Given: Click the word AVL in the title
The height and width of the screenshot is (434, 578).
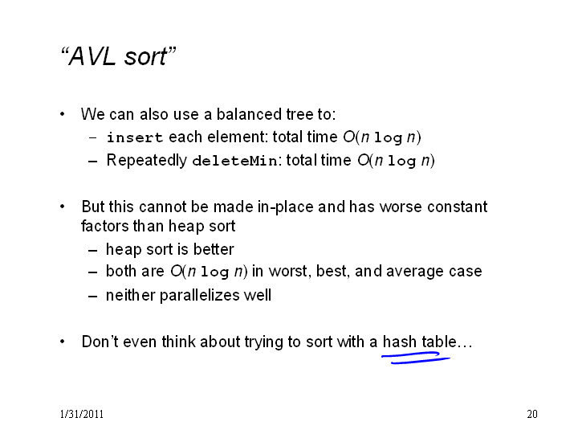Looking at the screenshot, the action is (x=92, y=56).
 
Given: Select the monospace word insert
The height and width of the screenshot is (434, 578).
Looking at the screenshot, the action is (x=135, y=137).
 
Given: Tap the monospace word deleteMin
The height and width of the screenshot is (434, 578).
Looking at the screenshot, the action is (x=234, y=161).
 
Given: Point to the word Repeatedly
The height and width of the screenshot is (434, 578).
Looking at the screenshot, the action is (x=146, y=161).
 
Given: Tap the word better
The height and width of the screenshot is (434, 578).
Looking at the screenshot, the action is (x=214, y=249).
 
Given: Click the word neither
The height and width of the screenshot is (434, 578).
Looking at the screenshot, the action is (x=131, y=295).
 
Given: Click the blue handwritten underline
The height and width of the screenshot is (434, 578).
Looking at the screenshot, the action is (x=416, y=358).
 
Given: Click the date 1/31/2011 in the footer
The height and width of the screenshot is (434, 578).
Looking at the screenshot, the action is (x=81, y=414).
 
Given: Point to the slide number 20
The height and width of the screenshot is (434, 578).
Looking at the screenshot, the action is (x=532, y=414).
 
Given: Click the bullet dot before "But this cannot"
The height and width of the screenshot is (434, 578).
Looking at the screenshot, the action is (x=63, y=207).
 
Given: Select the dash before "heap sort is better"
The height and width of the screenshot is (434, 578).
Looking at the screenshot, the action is (x=93, y=251).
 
